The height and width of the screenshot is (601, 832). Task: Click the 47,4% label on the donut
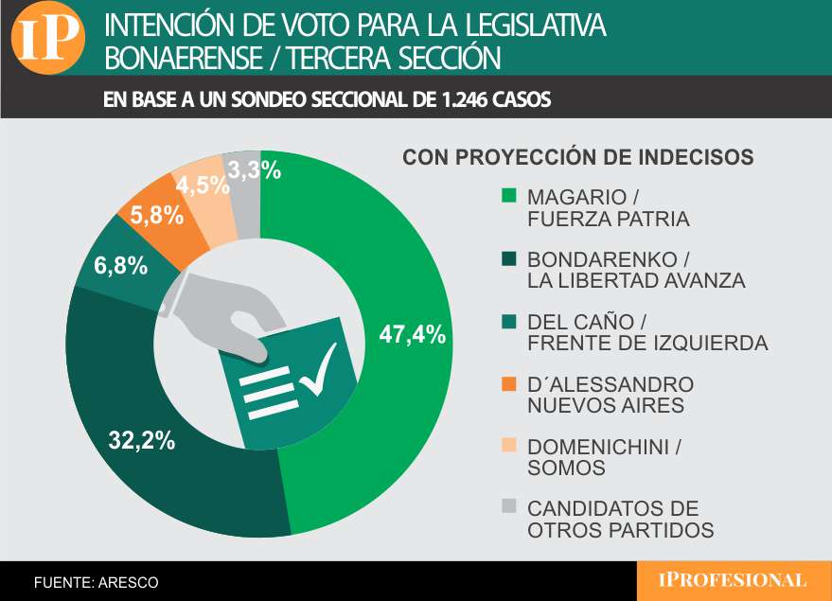[412, 334]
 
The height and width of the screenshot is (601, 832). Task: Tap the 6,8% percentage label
[120, 266]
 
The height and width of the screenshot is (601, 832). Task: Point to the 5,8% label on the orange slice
[156, 215]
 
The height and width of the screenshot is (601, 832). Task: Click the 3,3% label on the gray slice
[255, 170]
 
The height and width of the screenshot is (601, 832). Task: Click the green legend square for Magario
[508, 197]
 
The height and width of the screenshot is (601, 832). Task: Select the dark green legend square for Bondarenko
[508, 258]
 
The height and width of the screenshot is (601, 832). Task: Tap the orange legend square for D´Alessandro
[508, 384]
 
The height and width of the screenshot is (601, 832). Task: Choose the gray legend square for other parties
[508, 508]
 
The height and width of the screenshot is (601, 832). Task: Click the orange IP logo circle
[47, 41]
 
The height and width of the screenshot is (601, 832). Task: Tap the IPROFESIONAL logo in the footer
[733, 580]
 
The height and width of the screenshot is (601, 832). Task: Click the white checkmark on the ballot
[317, 371]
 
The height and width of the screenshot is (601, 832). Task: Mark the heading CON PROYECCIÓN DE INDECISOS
[577, 157]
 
